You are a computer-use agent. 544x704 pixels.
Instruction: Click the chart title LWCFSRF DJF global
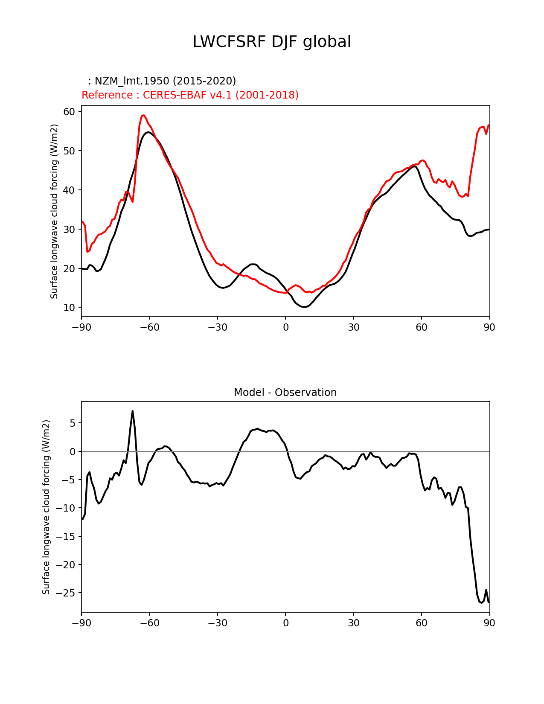click(272, 42)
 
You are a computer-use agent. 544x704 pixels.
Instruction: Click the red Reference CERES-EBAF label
click(190, 95)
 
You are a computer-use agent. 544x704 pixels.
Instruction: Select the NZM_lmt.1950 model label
click(162, 81)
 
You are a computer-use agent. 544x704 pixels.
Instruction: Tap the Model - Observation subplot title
click(285, 393)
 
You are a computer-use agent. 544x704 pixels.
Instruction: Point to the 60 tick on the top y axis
click(70, 112)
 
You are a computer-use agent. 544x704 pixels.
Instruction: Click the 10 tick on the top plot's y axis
click(70, 308)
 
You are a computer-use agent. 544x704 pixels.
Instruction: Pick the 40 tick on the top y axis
click(70, 190)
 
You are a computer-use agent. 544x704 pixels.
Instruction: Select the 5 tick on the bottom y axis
click(73, 423)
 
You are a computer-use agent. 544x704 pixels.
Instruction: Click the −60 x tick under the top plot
click(149, 327)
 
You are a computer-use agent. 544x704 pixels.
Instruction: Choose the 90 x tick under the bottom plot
click(489, 623)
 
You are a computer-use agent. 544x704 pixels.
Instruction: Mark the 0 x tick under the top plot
click(285, 327)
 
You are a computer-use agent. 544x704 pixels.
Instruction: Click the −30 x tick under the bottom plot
click(217, 623)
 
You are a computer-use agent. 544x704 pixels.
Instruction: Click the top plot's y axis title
click(54, 211)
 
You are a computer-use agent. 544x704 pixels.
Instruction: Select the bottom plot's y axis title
click(46, 507)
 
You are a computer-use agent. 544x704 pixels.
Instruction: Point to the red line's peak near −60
click(144, 115)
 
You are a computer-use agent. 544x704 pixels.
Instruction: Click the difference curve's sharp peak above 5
click(133, 411)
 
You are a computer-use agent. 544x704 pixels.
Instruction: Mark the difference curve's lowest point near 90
click(481, 602)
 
